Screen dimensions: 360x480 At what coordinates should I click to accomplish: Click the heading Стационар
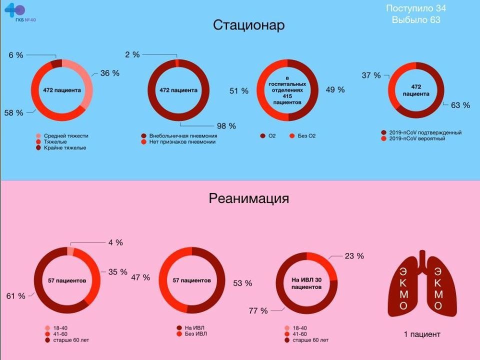[248, 25]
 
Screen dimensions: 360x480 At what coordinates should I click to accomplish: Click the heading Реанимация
[248, 198]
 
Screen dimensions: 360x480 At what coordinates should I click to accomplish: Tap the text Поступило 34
[416, 8]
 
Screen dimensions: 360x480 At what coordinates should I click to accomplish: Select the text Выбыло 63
[416, 20]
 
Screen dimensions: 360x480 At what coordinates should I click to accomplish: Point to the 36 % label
[110, 73]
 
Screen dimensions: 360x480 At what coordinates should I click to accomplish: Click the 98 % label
[225, 126]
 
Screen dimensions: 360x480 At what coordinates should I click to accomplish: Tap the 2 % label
[132, 54]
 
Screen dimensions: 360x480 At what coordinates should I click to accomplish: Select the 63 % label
[460, 105]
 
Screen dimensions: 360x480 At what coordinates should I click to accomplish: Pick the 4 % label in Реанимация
[115, 242]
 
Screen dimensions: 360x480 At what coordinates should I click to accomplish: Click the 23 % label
[354, 256]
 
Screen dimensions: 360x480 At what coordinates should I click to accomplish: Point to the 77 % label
[258, 310]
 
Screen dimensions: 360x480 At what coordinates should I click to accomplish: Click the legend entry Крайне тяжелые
[64, 148]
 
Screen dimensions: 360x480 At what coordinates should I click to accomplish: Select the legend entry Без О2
[307, 136]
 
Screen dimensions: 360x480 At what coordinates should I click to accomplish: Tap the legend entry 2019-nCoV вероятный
[416, 138]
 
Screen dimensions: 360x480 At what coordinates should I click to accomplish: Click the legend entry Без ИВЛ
[195, 334]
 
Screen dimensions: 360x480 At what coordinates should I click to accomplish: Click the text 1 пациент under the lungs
[422, 334]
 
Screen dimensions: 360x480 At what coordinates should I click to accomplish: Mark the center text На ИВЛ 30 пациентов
[306, 283]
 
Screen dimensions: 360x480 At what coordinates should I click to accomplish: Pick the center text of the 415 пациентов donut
[287, 90]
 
